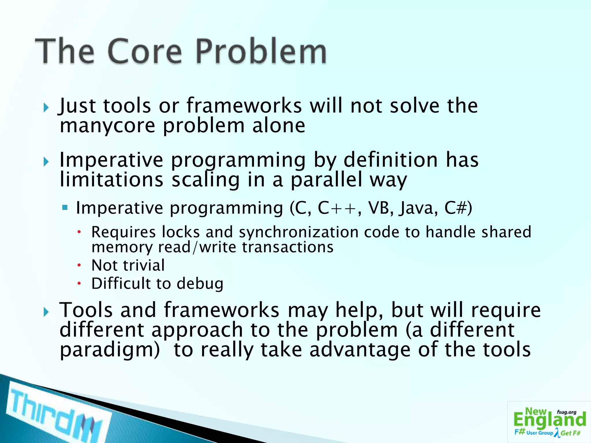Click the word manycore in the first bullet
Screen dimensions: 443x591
(x=107, y=126)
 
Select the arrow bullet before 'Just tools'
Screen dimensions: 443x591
(x=46, y=108)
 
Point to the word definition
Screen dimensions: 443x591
(x=390, y=160)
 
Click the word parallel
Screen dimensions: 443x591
(x=326, y=180)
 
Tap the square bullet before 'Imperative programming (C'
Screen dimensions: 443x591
(x=65, y=207)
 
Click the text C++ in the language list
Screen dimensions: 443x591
(x=337, y=208)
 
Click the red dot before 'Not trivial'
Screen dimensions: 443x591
(x=79, y=265)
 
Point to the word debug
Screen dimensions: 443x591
(x=200, y=284)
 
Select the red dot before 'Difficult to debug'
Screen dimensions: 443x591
(x=79, y=284)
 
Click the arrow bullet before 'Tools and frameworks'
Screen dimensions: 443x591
(x=46, y=312)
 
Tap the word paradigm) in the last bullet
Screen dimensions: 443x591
(x=110, y=350)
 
